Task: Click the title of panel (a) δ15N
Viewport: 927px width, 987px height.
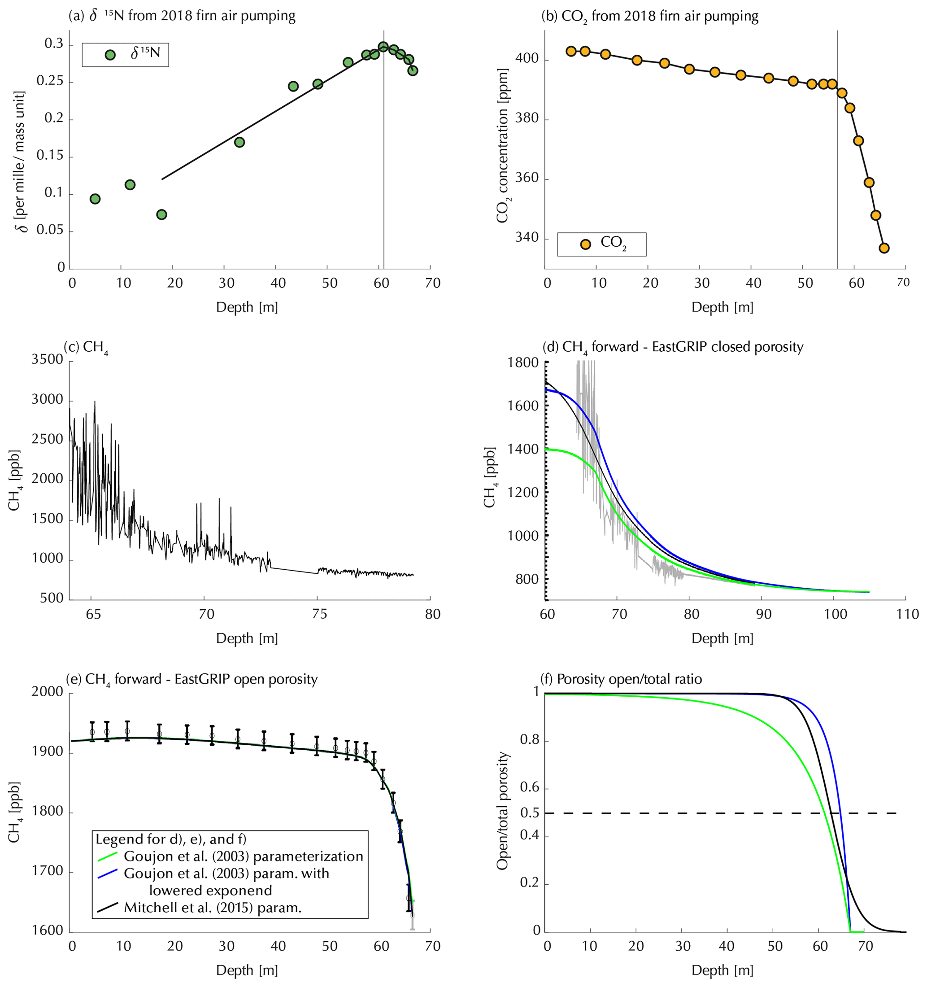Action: click(x=182, y=16)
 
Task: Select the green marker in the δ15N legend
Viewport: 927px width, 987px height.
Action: click(x=110, y=55)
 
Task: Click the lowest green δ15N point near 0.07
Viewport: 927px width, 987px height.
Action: click(x=161, y=214)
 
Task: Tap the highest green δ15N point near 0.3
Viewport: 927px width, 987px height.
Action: click(x=383, y=47)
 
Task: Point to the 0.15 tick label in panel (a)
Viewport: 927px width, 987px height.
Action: click(x=50, y=156)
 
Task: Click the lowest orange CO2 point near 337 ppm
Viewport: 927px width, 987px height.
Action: click(x=884, y=248)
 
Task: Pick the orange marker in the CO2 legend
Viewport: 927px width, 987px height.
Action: click(x=586, y=244)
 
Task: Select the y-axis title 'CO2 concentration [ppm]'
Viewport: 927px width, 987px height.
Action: click(x=502, y=146)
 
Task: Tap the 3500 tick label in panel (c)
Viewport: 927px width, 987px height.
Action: click(x=47, y=359)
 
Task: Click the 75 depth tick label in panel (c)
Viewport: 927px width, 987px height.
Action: click(x=320, y=614)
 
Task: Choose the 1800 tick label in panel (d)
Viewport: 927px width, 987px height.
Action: click(x=522, y=362)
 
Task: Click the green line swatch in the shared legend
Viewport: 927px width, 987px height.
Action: click(x=107, y=856)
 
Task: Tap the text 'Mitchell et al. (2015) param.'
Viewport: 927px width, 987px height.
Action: click(x=213, y=908)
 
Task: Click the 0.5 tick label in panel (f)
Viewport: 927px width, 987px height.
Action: click(x=530, y=813)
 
